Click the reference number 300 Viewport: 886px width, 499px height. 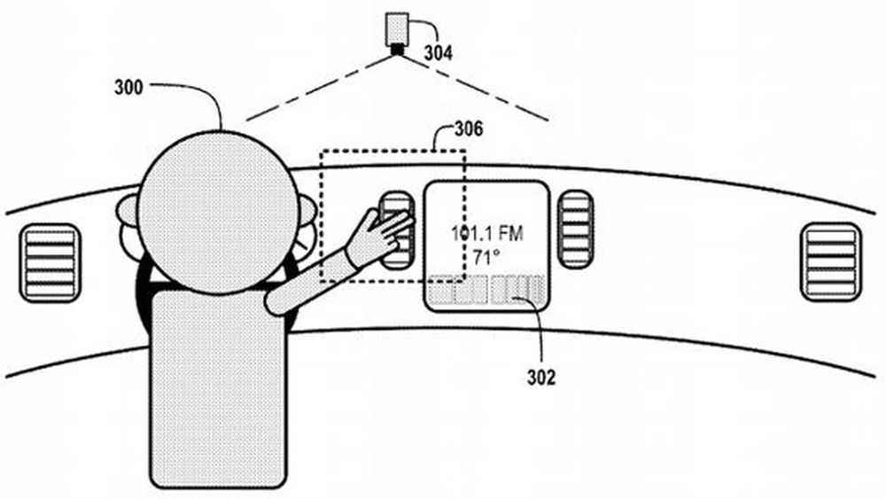pyautogui.click(x=128, y=88)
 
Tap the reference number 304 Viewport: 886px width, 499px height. pyautogui.click(x=439, y=53)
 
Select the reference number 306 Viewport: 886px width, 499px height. pyautogui.click(x=469, y=129)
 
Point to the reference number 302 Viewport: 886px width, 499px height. pyautogui.click(x=541, y=378)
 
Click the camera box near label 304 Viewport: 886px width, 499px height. pyautogui.click(x=397, y=29)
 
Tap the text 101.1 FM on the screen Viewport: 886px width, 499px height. pyautogui.click(x=487, y=233)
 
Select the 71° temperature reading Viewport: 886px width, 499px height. pyautogui.click(x=486, y=258)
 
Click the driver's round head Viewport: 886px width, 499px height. pyautogui.click(x=218, y=213)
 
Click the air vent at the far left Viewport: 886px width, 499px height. pyautogui.click(x=51, y=262)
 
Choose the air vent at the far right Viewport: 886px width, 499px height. pyautogui.click(x=831, y=261)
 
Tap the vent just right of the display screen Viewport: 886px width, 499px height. pyautogui.click(x=575, y=229)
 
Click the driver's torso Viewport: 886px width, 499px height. pyautogui.click(x=218, y=389)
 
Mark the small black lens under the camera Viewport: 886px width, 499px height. pyautogui.click(x=397, y=50)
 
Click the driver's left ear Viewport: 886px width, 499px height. pyautogui.click(x=128, y=211)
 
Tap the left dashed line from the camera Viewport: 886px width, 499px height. pyautogui.click(x=320, y=88)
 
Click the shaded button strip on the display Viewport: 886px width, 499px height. pyautogui.click(x=487, y=289)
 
